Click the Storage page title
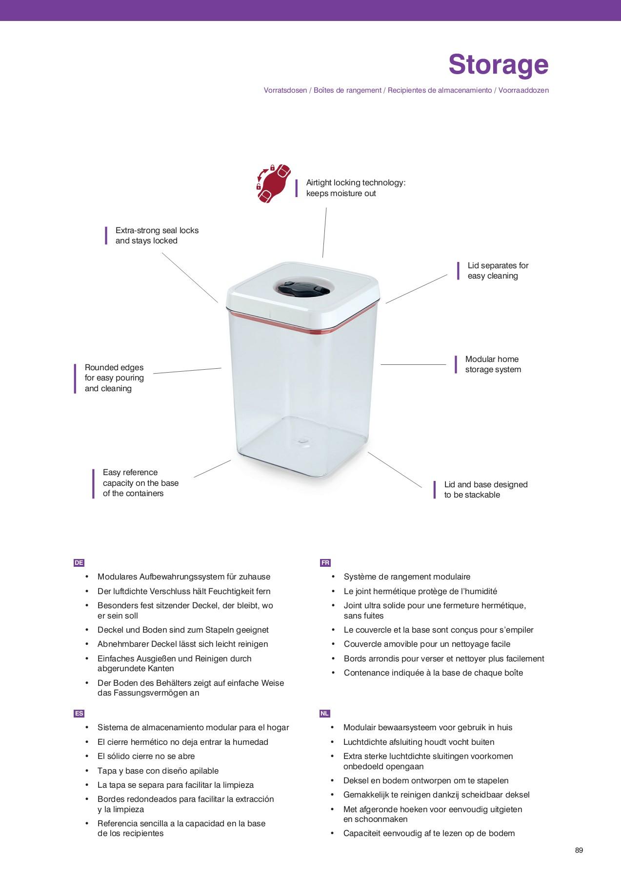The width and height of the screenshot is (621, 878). point(498,64)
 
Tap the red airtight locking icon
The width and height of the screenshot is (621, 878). point(274,184)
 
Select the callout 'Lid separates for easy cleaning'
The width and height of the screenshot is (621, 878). point(498,271)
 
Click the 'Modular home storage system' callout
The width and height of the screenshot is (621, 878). point(493,364)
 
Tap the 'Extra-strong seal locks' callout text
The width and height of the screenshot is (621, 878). point(157,236)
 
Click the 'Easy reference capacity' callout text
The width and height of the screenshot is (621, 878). point(140,483)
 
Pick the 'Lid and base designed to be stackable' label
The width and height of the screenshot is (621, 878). point(485,490)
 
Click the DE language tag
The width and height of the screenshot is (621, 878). point(79,562)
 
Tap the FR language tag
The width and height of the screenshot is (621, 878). point(325,562)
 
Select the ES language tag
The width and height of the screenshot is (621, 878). point(79,713)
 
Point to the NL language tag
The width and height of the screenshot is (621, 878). point(325,713)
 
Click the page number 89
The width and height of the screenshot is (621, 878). point(579,850)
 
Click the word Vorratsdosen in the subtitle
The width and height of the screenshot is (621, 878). point(285,90)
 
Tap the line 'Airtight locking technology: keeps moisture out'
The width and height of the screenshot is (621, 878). point(356,188)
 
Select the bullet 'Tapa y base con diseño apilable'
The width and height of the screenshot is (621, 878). point(158,771)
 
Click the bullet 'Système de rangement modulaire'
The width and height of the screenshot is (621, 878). point(407,577)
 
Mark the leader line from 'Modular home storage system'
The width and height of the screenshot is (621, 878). point(413,364)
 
